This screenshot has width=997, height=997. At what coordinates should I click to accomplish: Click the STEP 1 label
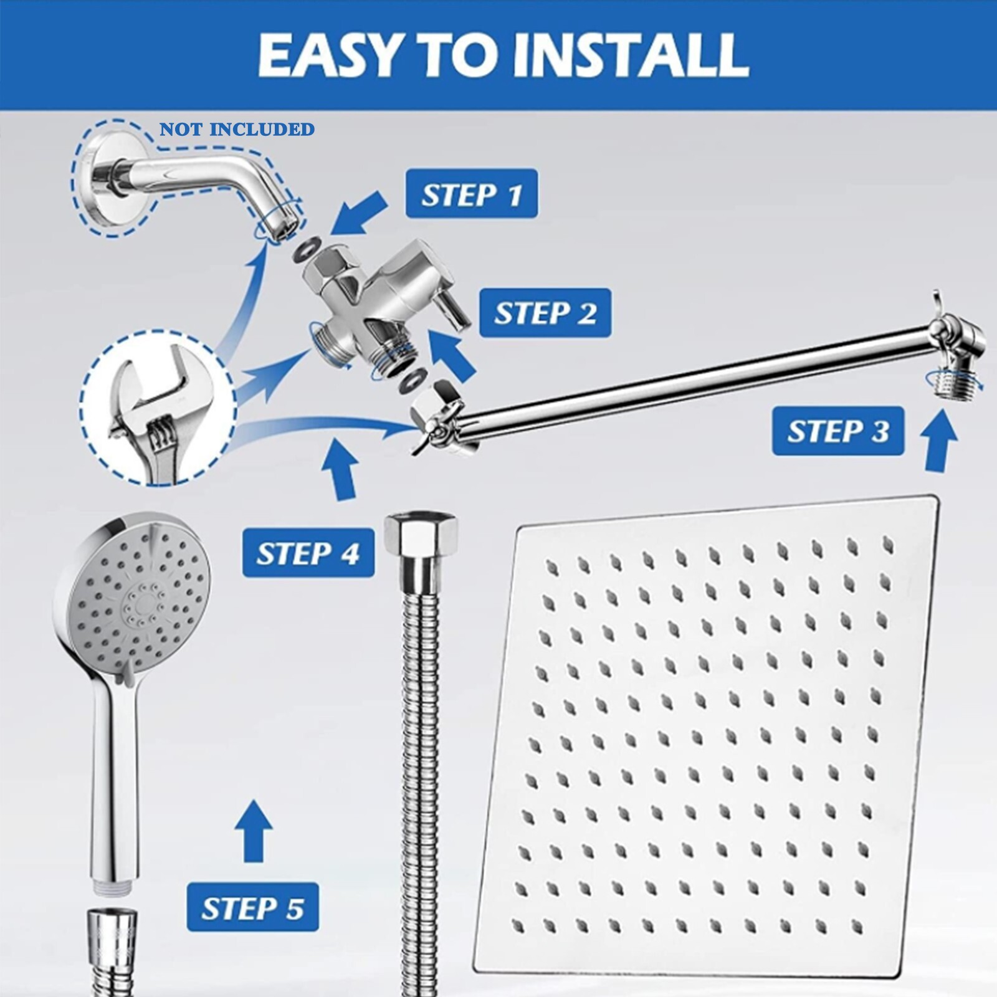coord(471,194)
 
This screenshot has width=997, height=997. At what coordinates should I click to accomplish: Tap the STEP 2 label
coord(545,313)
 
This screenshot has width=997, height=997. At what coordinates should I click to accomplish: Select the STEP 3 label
coord(837,431)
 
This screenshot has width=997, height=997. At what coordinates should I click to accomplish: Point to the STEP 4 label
coord(308,553)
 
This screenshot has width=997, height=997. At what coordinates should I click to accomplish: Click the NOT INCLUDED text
coord(237,130)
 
